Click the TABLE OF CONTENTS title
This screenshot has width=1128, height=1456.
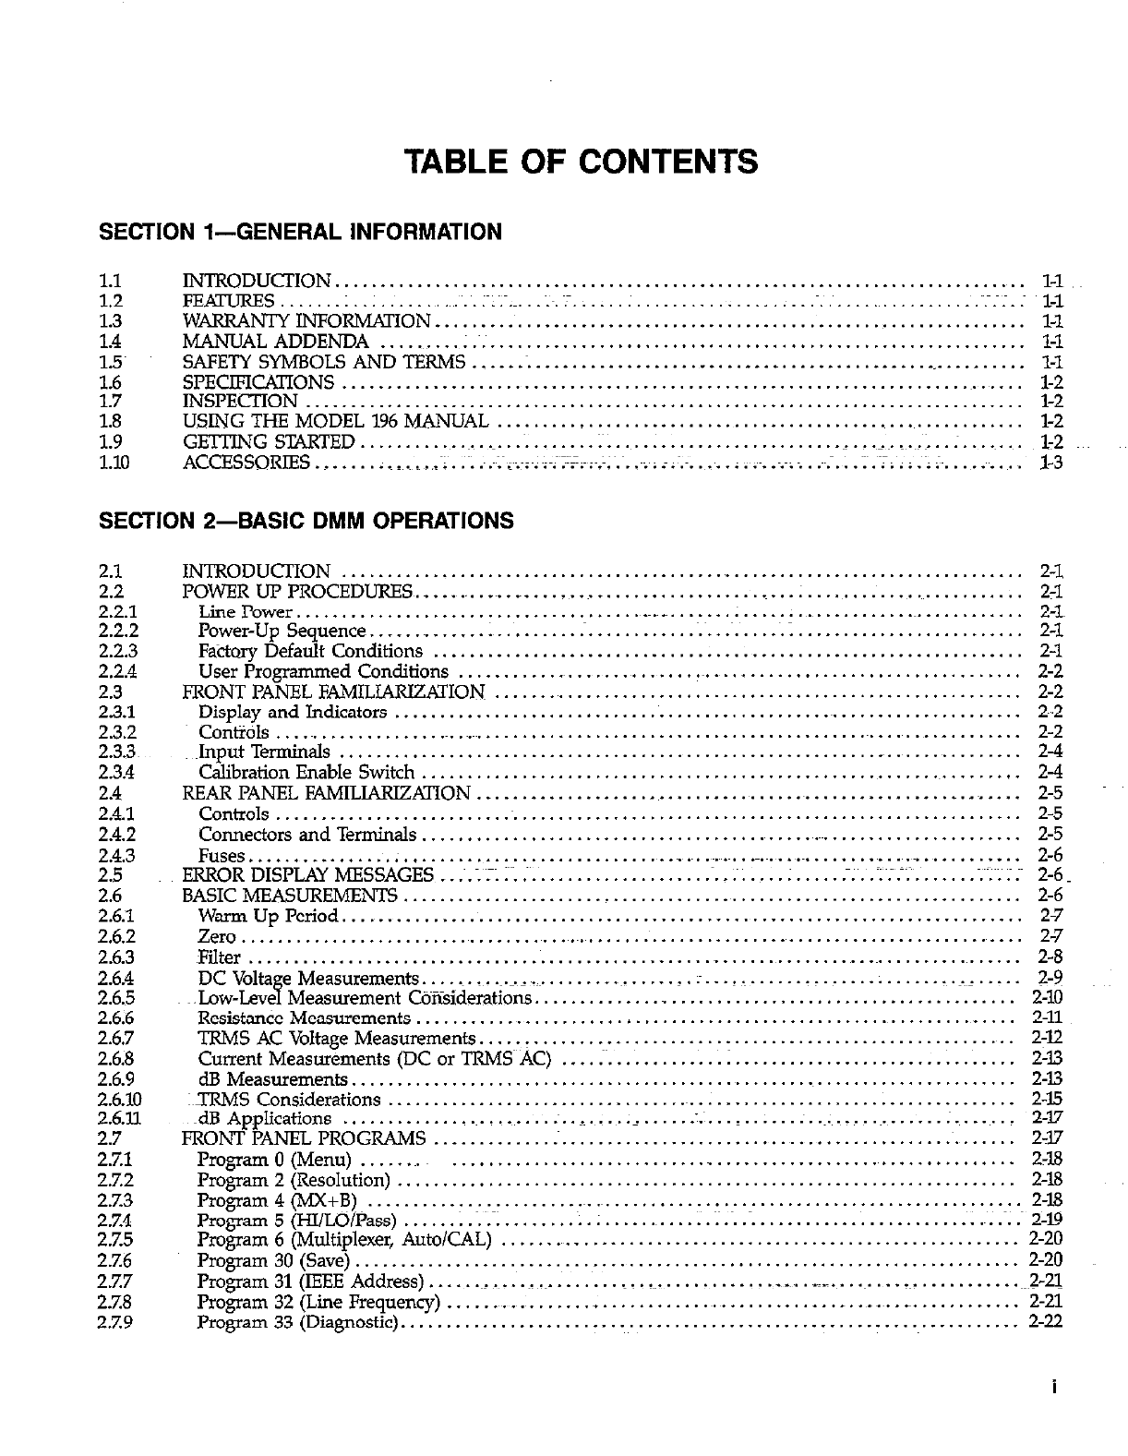click(x=582, y=162)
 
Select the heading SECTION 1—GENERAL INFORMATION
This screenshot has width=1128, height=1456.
click(x=300, y=232)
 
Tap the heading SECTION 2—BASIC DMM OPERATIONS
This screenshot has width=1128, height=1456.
click(x=306, y=521)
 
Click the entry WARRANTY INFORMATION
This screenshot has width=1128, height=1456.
click(x=306, y=321)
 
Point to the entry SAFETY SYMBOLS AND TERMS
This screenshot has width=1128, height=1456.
click(x=325, y=362)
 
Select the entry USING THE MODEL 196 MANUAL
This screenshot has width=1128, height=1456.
click(x=335, y=422)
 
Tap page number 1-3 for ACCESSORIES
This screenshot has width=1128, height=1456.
click(x=1051, y=463)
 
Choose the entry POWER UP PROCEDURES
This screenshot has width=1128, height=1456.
click(x=299, y=591)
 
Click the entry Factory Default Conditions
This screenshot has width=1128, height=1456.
click(x=310, y=651)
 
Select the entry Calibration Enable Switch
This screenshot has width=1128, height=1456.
click(x=306, y=772)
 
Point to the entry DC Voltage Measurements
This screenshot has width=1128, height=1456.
click(x=308, y=978)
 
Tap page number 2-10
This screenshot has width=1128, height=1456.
click(x=1047, y=997)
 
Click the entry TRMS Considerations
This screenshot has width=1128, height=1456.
click(x=289, y=1100)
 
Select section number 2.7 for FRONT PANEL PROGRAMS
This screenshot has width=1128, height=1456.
click(x=108, y=1137)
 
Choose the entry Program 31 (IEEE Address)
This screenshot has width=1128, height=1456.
click(x=310, y=1282)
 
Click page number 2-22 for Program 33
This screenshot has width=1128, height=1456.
click(x=1046, y=1321)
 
